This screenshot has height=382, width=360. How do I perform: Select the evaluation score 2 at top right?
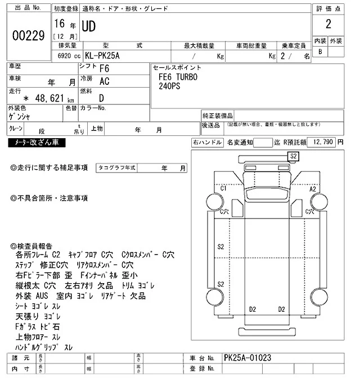coord(327,24)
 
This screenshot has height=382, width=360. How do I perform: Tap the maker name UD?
coord(90,26)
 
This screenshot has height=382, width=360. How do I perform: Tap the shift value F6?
coord(105,69)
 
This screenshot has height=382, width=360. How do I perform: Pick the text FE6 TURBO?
coord(178,78)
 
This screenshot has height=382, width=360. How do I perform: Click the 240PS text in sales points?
coord(170,87)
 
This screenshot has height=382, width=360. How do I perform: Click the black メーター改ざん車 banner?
coord(37,143)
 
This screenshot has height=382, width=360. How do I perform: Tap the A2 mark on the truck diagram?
coord(313,189)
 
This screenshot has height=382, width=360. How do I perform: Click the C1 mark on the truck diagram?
coord(223,188)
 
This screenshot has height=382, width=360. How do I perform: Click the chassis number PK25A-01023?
coord(247,357)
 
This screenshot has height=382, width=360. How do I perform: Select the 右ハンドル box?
coord(207,143)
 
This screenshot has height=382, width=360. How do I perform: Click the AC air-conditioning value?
coord(104,81)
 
